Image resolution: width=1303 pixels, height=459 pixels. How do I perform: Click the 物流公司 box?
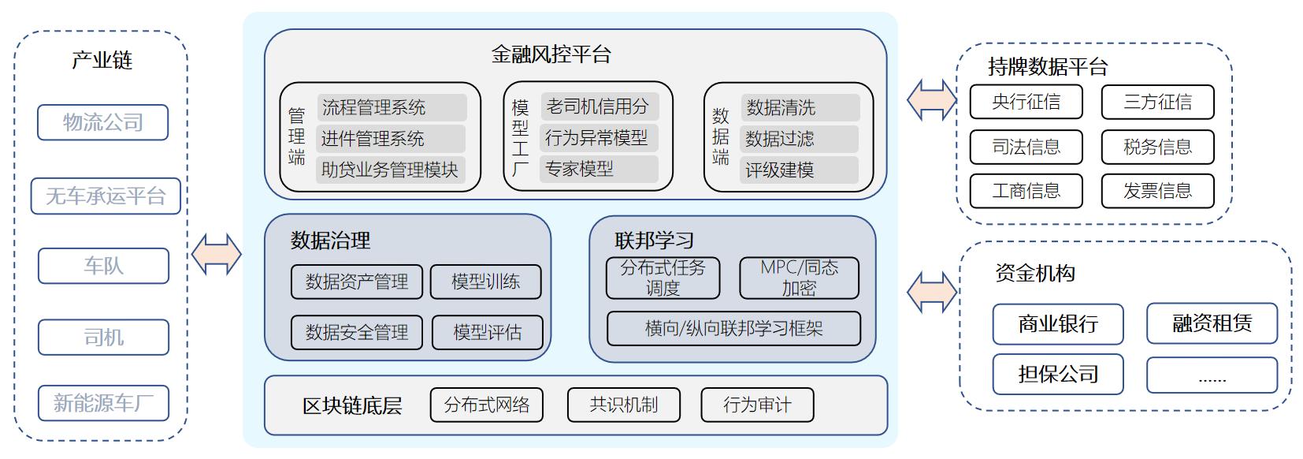[x=103, y=122]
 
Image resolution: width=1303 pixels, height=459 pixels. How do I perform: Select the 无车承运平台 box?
[x=106, y=196]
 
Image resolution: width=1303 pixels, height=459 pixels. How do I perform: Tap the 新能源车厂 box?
[x=103, y=403]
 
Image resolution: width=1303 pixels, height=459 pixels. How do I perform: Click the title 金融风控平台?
[x=551, y=54]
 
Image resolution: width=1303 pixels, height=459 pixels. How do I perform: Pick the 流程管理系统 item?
[x=392, y=107]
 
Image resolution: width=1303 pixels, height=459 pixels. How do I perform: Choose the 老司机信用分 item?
[x=600, y=106]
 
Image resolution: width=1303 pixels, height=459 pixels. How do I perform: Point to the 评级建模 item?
[x=800, y=170]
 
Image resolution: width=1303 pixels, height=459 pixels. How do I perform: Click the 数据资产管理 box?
[x=357, y=282]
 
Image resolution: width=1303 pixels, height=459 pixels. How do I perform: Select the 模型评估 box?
[x=488, y=333]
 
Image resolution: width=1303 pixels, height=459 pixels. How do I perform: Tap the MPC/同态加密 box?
[x=800, y=278]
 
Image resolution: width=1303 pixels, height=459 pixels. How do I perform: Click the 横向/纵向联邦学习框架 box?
[x=734, y=329]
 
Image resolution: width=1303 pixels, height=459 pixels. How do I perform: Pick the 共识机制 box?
[x=624, y=405]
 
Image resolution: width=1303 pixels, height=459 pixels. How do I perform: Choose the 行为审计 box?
[x=757, y=405]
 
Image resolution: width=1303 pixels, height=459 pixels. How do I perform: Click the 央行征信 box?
[x=1026, y=102]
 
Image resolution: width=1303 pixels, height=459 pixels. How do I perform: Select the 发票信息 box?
[x=1157, y=191]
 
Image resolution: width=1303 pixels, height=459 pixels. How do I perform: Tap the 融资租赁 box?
[x=1212, y=323]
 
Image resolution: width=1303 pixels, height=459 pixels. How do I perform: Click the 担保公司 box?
[x=1058, y=374]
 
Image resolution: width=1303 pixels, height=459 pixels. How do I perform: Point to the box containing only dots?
[x=1212, y=375]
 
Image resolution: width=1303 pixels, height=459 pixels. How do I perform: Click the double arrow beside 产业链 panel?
[x=217, y=255]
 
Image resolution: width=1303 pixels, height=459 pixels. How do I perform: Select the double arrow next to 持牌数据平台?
[x=932, y=100]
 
